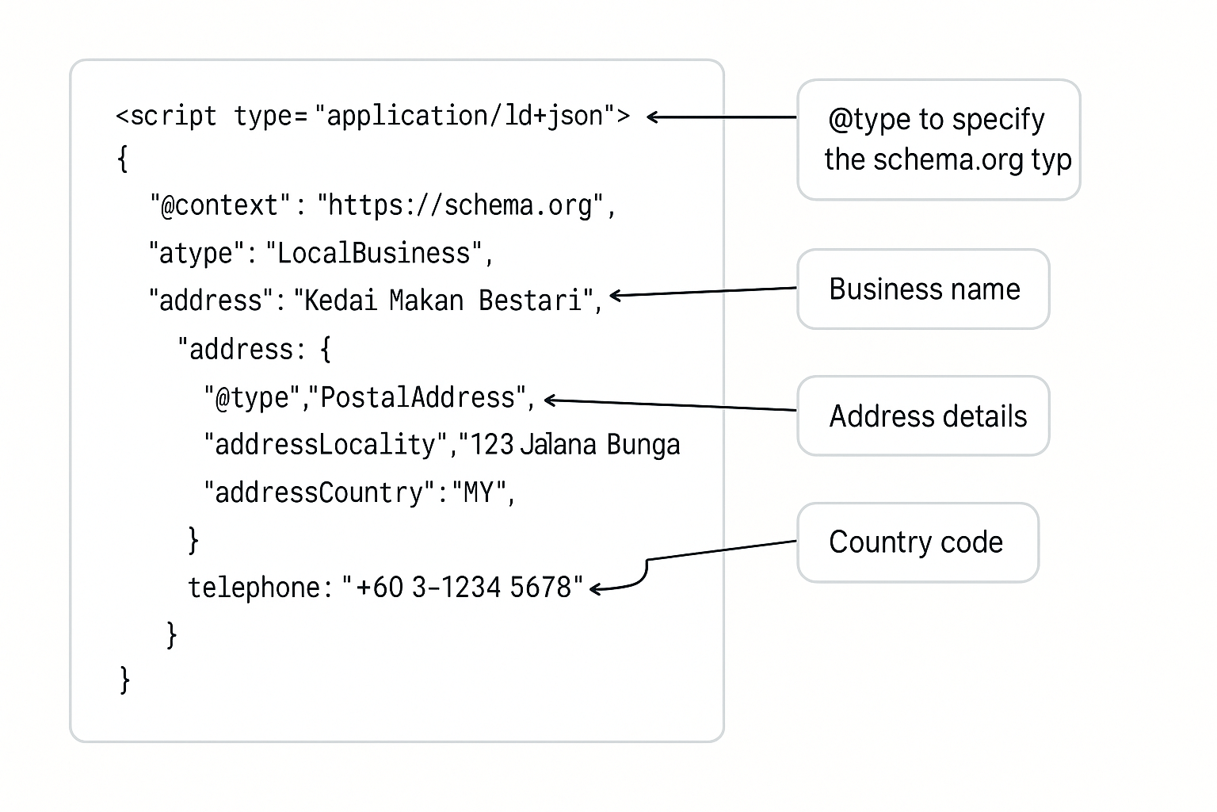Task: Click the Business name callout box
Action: coord(923,289)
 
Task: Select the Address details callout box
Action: coord(923,416)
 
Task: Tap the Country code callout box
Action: coord(917,542)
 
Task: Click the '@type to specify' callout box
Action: coord(938,140)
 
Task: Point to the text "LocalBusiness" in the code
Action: coord(374,253)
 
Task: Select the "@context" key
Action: coord(221,205)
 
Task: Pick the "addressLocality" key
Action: coord(325,445)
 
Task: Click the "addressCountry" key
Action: coord(319,493)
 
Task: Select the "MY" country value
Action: coord(479,493)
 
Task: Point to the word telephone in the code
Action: coord(254,588)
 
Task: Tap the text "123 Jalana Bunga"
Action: coord(575,445)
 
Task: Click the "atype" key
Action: coord(197,253)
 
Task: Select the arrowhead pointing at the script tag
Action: coord(653,117)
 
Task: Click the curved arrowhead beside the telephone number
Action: coord(596,588)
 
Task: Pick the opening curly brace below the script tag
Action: coord(122,159)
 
